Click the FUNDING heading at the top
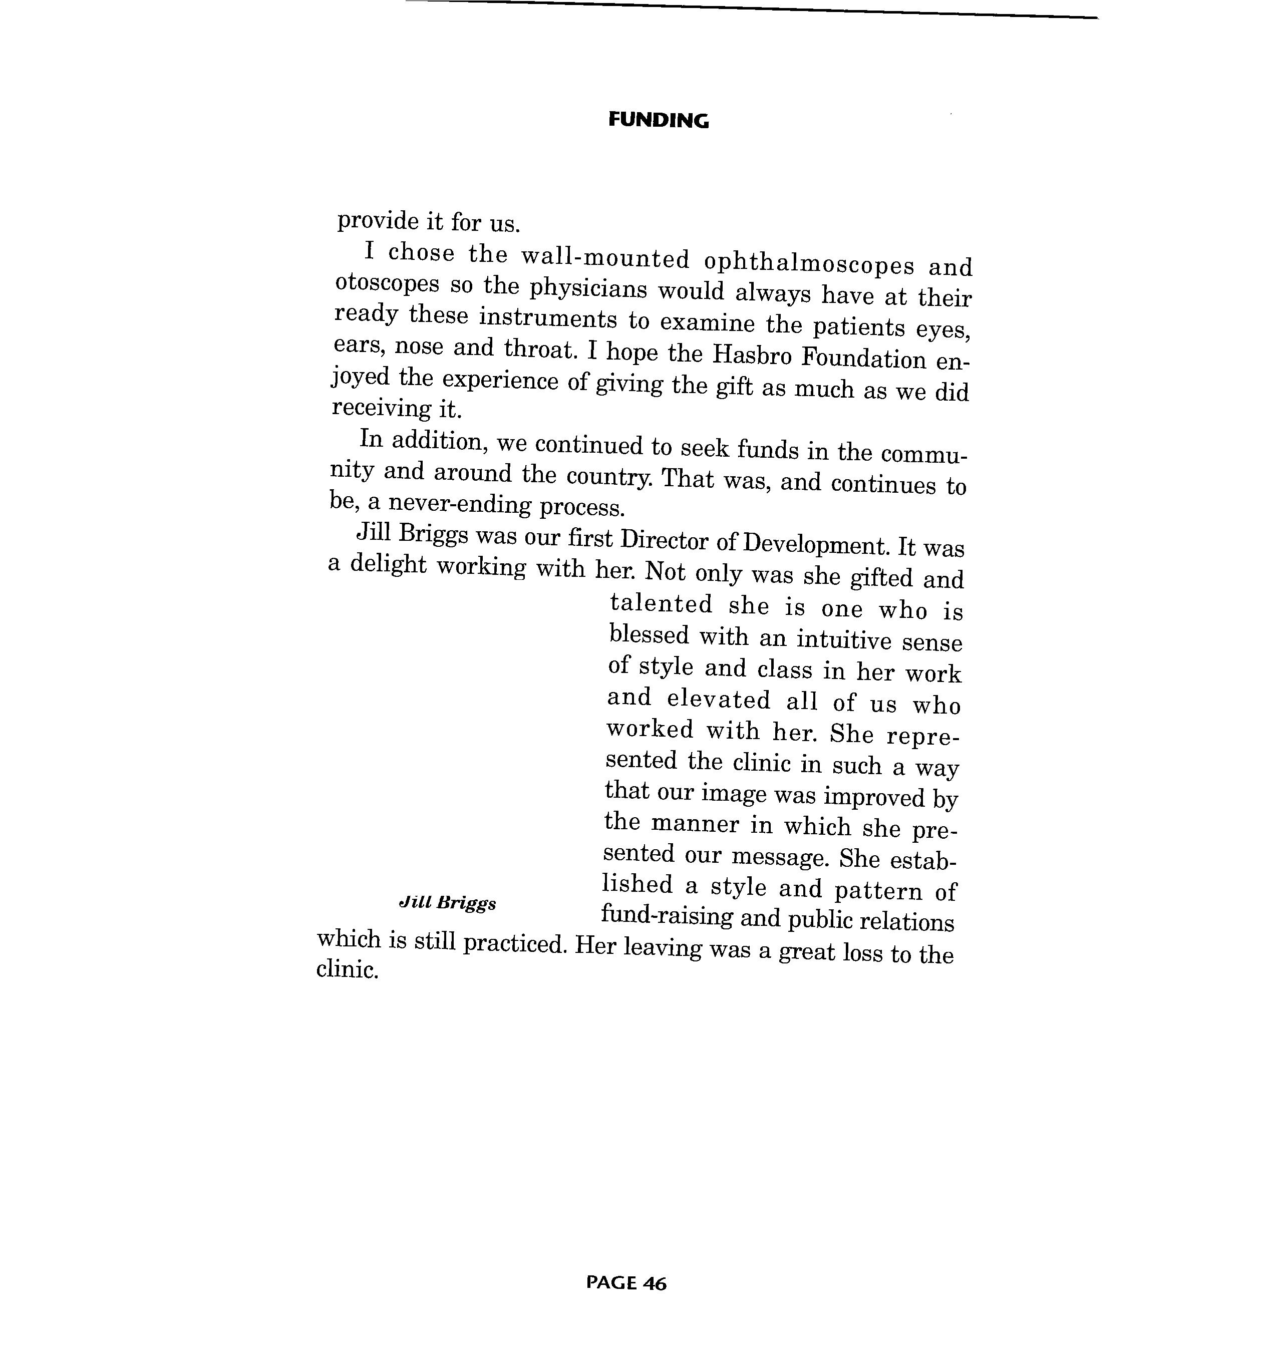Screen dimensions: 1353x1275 (658, 121)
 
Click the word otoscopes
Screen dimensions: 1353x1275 (387, 284)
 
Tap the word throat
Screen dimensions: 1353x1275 (539, 349)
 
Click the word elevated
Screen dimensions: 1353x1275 (718, 700)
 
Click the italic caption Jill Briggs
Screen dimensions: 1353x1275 (447, 903)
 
